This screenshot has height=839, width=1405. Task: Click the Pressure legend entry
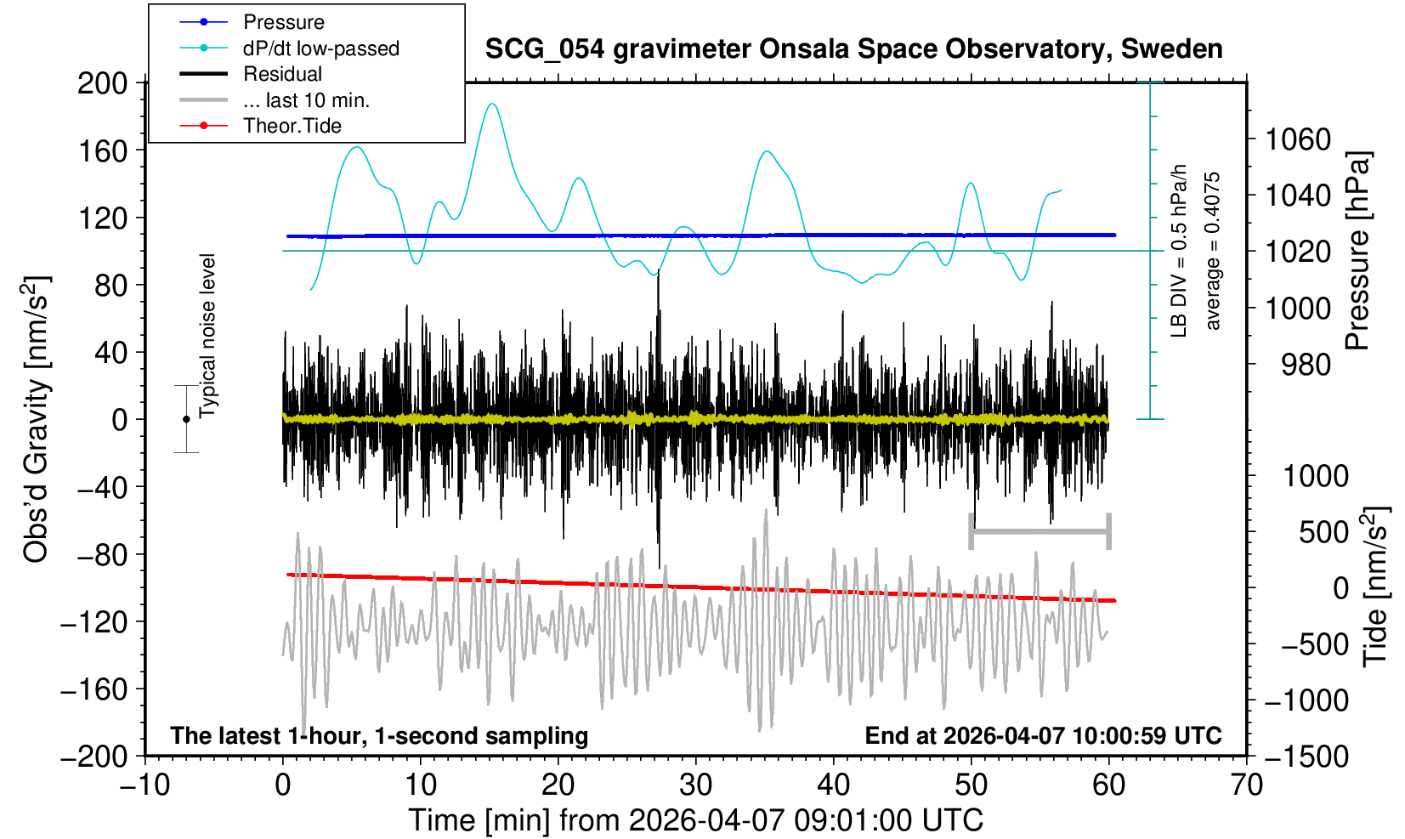[283, 22]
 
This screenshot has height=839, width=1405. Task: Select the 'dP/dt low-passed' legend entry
[320, 48]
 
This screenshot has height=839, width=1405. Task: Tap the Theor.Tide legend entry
[292, 126]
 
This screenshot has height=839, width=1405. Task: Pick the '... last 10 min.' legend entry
[306, 100]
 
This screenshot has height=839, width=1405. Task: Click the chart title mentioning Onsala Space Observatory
[853, 49]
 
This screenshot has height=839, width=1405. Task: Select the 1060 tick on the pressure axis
[1298, 139]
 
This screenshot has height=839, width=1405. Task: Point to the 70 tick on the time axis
[1246, 785]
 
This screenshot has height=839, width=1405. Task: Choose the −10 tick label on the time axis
[145, 785]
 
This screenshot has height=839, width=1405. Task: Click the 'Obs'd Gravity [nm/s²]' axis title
[37, 419]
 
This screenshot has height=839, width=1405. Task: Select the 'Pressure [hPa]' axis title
[1358, 252]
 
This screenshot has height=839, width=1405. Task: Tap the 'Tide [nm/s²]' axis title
[1375, 587]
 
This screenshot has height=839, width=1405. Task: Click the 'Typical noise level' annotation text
[207, 336]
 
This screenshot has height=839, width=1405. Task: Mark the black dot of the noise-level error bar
[186, 419]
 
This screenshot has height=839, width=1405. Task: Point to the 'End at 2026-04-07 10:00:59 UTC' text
[1043, 736]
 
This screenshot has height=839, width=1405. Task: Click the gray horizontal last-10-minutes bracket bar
[1040, 532]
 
